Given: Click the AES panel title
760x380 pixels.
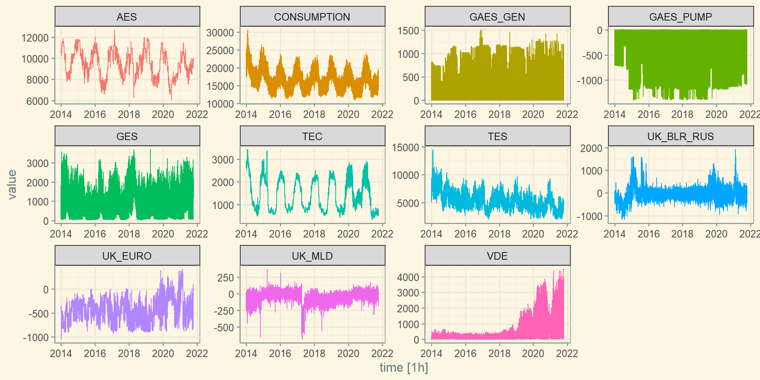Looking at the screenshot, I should point(127,17).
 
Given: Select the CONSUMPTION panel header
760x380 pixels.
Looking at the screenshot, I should point(312,17).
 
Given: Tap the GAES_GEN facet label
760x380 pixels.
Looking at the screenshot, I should point(497,17).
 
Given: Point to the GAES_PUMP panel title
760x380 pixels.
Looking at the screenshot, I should point(680,17).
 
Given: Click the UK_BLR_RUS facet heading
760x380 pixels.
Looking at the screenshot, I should point(680,137).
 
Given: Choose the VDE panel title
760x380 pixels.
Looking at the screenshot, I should point(497,256).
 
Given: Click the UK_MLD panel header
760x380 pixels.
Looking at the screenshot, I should point(312,256).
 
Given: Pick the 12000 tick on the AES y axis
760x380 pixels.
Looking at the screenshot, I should point(35,38).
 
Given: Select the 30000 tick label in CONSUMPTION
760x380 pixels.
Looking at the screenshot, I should point(220,33).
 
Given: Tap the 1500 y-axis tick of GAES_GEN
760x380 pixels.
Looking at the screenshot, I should point(408,31).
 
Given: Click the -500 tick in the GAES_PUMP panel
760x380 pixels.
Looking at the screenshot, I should point(592,56).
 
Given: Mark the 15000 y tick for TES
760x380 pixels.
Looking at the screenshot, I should point(405,148).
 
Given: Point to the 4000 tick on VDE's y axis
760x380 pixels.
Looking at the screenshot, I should point(408,277).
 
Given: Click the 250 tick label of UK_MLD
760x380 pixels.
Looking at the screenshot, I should point(226,278).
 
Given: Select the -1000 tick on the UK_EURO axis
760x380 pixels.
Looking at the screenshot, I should point(36,338).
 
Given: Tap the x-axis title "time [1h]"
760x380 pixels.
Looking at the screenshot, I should point(404,367).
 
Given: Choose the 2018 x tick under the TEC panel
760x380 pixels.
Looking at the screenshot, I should point(314,234).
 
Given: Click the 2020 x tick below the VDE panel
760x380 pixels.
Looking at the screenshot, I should point(533,353).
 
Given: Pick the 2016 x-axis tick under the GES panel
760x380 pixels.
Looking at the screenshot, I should point(95,234).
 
